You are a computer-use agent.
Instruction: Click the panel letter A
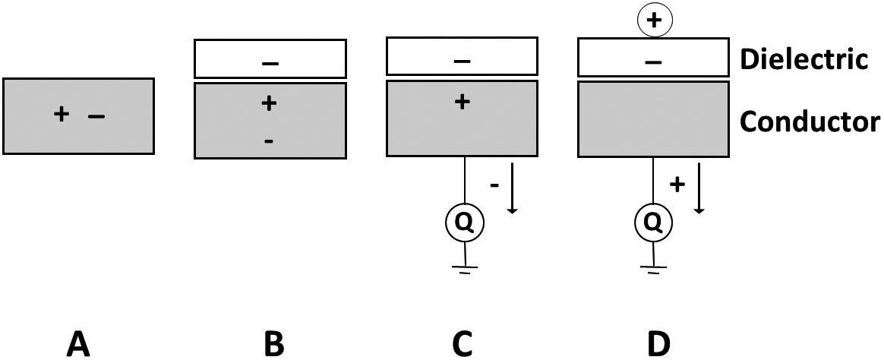point(78,344)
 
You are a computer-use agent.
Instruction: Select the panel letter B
point(273,344)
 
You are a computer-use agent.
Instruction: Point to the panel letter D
point(658,344)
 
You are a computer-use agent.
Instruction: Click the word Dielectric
point(804,59)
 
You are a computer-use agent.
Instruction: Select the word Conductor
point(810,121)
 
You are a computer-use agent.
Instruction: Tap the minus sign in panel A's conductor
point(96,116)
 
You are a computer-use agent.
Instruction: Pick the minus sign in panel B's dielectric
point(270,63)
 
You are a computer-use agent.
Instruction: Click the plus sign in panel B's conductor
point(268,103)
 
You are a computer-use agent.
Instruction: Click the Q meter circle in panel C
point(463,223)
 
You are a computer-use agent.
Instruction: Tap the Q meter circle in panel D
point(654,223)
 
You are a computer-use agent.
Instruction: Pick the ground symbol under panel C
point(463,267)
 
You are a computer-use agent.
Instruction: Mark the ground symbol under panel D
point(654,267)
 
